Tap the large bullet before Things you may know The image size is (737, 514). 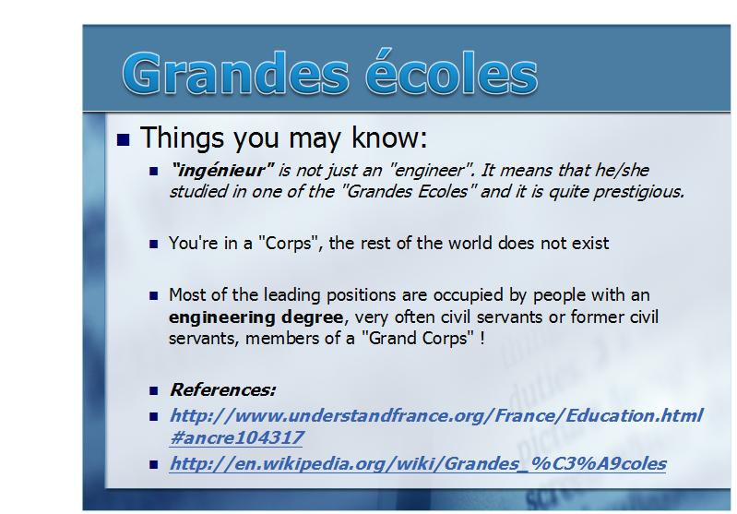coord(124,139)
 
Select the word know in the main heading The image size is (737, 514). coord(389,137)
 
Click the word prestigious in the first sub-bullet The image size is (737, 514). coord(639,192)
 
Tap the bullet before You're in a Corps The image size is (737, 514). coord(154,244)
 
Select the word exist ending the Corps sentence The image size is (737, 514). coord(590,243)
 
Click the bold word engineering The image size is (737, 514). coord(222,317)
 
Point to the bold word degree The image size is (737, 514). coord(312,317)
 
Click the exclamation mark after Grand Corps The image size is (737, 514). coord(481,338)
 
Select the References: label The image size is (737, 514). coord(223,389)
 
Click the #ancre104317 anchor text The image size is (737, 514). coord(236,437)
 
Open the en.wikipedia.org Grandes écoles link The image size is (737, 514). coord(418,463)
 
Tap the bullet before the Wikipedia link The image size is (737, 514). coord(154,464)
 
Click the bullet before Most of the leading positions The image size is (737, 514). coord(154,296)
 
